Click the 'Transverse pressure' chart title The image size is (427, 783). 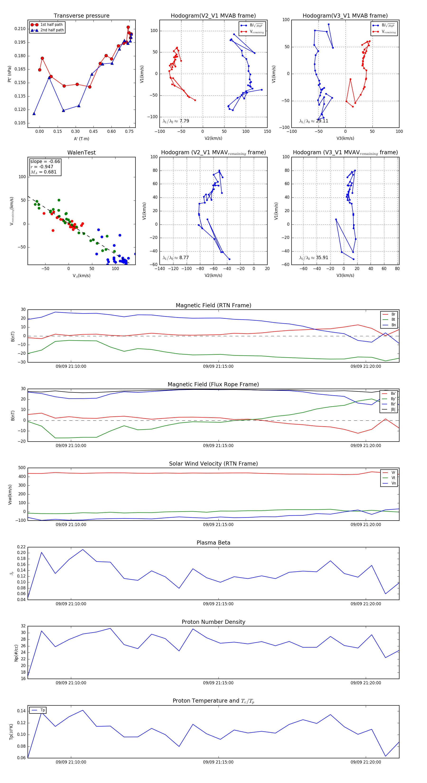[81, 16]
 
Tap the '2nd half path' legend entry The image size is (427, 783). [52, 30]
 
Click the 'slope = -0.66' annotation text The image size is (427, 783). [45, 161]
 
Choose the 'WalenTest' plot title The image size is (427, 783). [81, 153]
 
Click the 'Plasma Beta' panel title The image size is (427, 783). [213, 543]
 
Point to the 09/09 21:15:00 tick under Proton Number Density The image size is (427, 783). [218, 683]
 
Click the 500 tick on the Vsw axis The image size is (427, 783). [22, 468]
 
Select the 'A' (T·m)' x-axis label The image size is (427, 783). [81, 139]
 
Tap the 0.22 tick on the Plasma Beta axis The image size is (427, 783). [21, 547]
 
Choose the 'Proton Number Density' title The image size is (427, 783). [213, 622]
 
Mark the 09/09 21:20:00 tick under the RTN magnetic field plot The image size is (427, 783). [366, 367]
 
